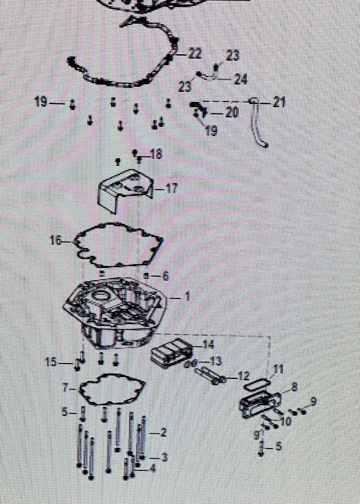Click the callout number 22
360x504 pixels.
pyautogui.click(x=195, y=54)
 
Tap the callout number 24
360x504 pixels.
pyautogui.click(x=241, y=78)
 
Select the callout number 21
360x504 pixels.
pyautogui.click(x=279, y=103)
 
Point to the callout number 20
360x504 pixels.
pyautogui.click(x=232, y=112)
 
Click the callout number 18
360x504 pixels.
pyautogui.click(x=156, y=154)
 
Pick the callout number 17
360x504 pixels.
pyautogui.click(x=172, y=188)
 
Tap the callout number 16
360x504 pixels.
pyautogui.click(x=56, y=240)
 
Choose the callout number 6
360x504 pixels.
pyautogui.click(x=165, y=276)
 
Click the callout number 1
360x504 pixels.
pyautogui.click(x=187, y=297)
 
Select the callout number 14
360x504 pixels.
pyautogui.click(x=208, y=345)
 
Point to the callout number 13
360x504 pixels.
pyautogui.click(x=216, y=361)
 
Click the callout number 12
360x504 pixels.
pyautogui.click(x=244, y=375)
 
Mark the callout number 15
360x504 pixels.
pyautogui.click(x=51, y=362)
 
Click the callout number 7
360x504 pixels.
pyautogui.click(x=65, y=388)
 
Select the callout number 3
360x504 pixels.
pyautogui.click(x=164, y=457)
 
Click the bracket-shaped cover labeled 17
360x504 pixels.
pyautogui.click(x=124, y=190)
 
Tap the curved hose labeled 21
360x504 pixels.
pyautogui.click(x=259, y=122)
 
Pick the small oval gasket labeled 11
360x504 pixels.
pyautogui.click(x=257, y=385)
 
